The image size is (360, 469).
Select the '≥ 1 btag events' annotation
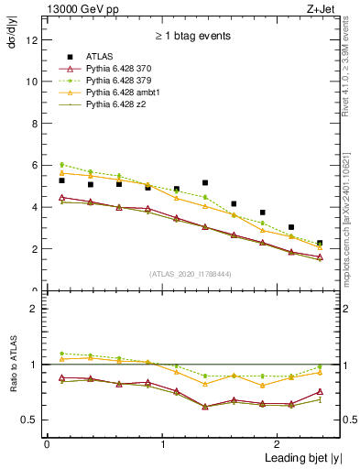[x=192, y=37]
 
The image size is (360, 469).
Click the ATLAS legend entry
[x=102, y=57]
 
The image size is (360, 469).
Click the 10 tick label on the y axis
[x=33, y=82]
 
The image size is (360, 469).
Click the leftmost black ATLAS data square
[x=61, y=180]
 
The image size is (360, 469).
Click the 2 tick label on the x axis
[x=278, y=444]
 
